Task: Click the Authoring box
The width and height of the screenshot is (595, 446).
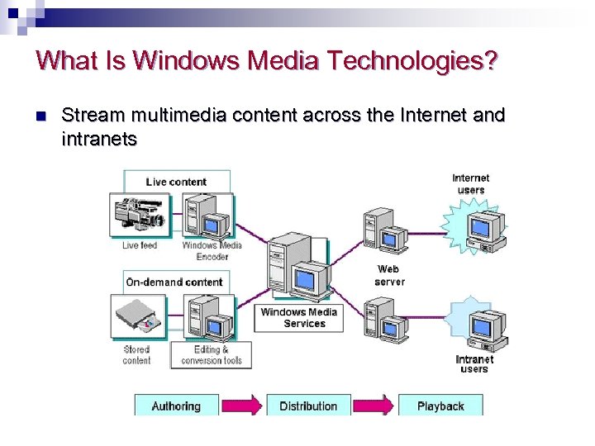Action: tap(176, 405)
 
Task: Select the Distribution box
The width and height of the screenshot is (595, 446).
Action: tap(308, 405)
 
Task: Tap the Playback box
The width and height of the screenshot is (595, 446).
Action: tap(440, 405)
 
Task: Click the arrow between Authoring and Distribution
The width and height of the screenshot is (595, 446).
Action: tap(243, 405)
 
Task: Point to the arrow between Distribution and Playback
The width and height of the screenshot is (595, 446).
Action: tap(375, 405)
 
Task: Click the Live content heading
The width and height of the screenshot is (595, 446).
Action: tap(176, 182)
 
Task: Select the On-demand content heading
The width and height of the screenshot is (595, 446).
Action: tap(174, 282)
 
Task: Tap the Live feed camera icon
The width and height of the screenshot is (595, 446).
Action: tap(140, 216)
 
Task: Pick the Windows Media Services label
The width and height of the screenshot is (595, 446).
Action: tap(299, 318)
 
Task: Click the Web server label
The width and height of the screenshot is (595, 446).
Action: tap(389, 275)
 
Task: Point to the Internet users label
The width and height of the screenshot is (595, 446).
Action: tap(471, 183)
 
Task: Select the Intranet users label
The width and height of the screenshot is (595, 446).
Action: tap(474, 363)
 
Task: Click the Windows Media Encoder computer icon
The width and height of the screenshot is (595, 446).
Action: tap(207, 217)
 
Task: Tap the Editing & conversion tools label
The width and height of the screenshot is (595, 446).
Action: tap(212, 355)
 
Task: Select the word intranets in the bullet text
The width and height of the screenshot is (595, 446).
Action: tap(99, 139)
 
